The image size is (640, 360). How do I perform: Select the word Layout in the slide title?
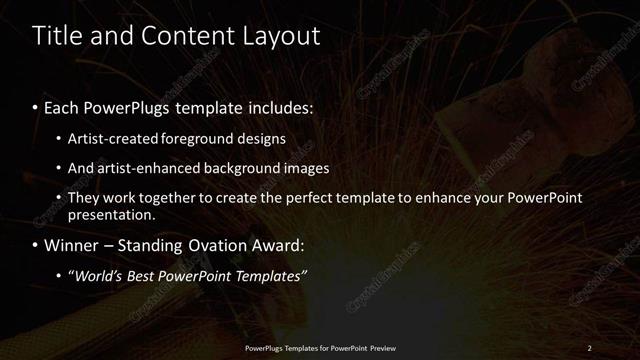point(281,37)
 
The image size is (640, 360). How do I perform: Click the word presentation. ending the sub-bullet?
point(112,214)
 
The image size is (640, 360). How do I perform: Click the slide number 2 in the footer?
point(589,348)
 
